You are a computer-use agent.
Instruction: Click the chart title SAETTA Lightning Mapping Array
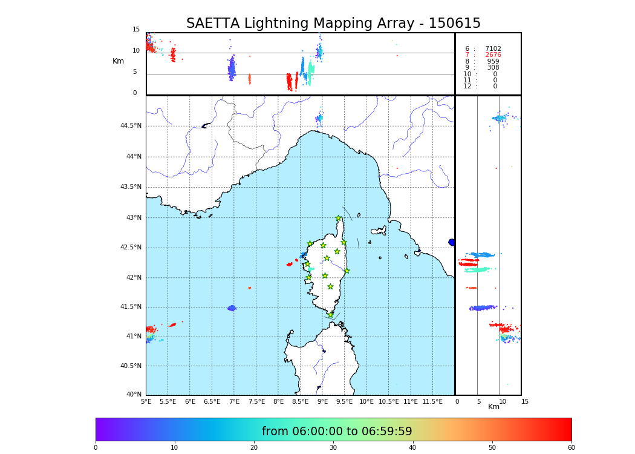333,24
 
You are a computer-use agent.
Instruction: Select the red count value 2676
493,55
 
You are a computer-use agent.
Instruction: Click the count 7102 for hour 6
493,49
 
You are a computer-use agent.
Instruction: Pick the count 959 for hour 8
493,62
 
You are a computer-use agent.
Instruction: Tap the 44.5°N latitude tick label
131,126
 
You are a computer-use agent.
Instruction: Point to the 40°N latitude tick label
134,395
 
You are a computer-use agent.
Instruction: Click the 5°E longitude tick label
146,401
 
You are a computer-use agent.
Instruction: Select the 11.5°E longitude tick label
432,401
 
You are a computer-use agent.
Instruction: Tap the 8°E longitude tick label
278,401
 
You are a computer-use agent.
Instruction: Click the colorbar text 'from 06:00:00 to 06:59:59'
337,432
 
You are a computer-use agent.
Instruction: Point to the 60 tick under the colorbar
571,448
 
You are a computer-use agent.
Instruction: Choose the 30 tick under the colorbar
333,448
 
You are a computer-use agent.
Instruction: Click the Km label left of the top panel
119,61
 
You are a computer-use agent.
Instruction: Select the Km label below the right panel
494,407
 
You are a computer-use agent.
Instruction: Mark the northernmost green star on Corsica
339,219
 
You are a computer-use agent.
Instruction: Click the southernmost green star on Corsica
330,315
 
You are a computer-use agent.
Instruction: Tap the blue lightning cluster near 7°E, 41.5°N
232,308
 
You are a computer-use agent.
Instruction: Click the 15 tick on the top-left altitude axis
136,30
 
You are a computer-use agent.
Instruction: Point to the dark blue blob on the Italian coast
452,242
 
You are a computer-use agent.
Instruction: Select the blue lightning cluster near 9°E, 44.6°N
319,119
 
